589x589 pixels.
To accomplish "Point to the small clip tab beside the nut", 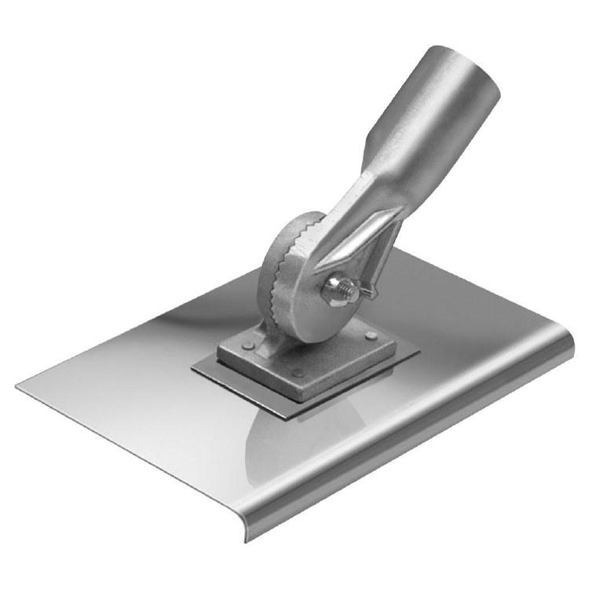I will click(368, 292).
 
